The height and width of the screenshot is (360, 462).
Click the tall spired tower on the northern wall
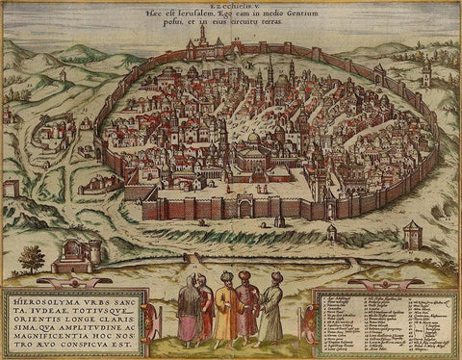[202, 37]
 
